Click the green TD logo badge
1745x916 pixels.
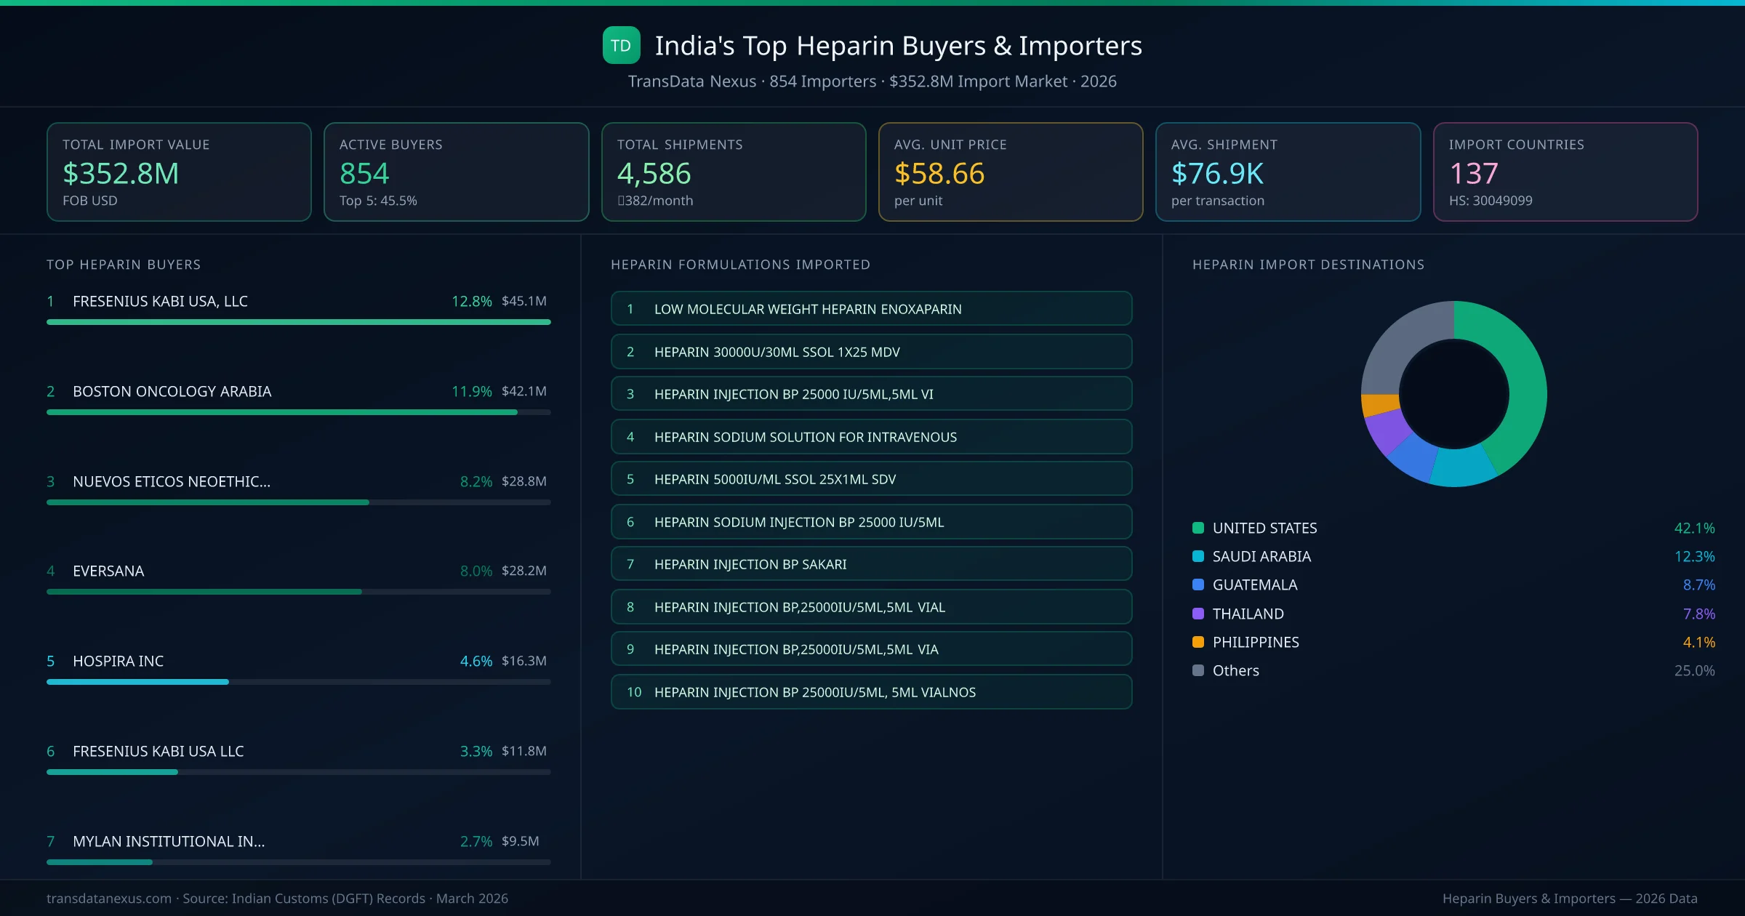[x=621, y=45]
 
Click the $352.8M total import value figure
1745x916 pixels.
[x=121, y=174]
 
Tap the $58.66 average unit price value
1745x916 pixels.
[x=939, y=174]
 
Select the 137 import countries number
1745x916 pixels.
[x=1473, y=174]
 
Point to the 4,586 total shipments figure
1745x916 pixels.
[x=654, y=174]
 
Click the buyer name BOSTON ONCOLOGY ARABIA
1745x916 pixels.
[x=172, y=391]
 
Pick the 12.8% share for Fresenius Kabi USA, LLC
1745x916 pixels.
[x=471, y=301]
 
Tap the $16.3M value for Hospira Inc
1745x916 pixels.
[x=523, y=661]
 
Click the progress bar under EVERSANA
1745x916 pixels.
[x=204, y=592]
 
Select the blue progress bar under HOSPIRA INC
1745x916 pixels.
[x=138, y=682]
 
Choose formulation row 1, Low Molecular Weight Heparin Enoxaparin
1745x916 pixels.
[x=871, y=309]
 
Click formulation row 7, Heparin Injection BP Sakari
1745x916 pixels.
[x=871, y=564]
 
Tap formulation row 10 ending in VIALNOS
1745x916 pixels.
[x=871, y=692]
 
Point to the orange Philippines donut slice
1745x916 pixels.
[x=1379, y=404]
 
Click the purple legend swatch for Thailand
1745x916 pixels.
[x=1198, y=614]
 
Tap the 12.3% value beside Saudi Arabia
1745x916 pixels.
[x=1694, y=556]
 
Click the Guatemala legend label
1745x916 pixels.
[x=1254, y=584]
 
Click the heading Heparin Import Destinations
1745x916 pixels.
[x=1307, y=265]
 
